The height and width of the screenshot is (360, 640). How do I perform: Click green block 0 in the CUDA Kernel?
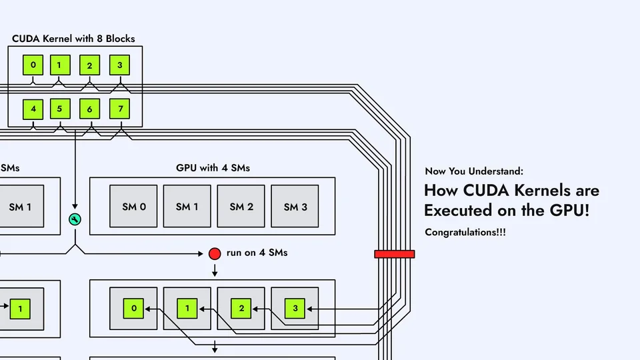point(33,65)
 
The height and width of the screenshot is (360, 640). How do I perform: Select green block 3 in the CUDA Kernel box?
point(119,65)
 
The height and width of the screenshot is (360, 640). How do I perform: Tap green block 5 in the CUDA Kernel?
point(59,109)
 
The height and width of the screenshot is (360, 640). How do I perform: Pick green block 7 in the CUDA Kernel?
point(119,109)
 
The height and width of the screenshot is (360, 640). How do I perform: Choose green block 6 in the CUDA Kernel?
point(89,109)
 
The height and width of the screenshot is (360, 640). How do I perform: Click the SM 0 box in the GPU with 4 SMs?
point(133,207)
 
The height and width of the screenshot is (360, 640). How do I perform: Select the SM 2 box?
point(241,207)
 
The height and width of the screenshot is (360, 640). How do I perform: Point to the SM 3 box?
point(295,207)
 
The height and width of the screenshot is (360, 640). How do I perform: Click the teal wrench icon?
point(75,219)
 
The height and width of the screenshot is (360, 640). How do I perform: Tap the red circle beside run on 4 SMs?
point(215,253)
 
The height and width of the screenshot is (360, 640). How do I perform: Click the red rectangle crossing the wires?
point(394,254)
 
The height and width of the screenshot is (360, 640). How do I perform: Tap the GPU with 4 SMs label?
point(213,168)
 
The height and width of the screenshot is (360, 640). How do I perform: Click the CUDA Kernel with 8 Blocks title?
point(73,39)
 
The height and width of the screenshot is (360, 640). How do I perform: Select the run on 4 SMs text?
point(257,253)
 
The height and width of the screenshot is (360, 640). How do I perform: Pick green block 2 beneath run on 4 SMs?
point(241,309)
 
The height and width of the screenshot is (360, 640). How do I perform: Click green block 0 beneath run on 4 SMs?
point(133,309)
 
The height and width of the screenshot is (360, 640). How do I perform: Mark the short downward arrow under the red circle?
point(215,270)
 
